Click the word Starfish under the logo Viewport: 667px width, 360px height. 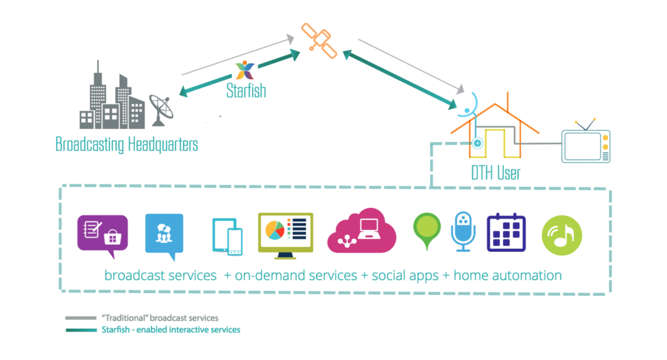(x=246, y=90)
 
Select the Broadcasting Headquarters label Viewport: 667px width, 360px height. (x=126, y=144)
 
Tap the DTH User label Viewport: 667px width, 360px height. (x=496, y=173)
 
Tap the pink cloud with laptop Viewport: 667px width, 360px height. (x=362, y=230)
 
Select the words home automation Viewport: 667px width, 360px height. (x=507, y=275)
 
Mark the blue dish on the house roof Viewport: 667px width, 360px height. (x=470, y=100)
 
